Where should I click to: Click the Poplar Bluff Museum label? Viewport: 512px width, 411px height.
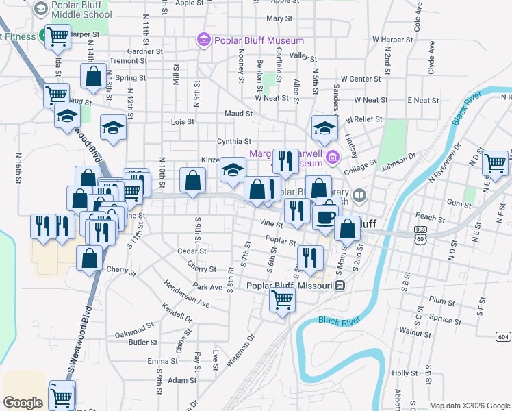click(250, 40)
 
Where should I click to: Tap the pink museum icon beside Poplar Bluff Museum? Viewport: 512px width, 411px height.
click(203, 40)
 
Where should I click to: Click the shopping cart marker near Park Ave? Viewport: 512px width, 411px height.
click(282, 299)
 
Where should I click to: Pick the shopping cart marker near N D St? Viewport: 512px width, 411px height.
click(495, 163)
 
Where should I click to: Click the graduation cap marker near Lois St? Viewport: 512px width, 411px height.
click(114, 127)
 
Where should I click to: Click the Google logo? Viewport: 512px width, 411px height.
click(23, 403)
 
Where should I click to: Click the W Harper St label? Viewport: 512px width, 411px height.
click(393, 40)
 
